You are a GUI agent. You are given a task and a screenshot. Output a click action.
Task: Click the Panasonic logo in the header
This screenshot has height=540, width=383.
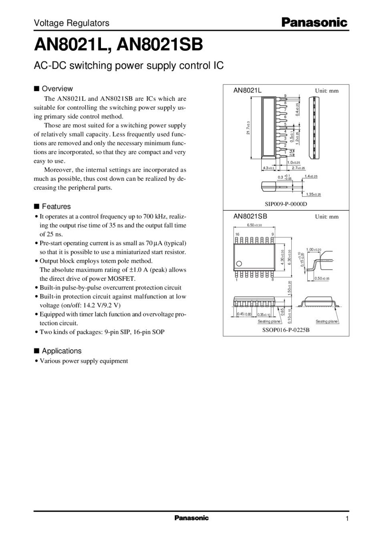(314, 23)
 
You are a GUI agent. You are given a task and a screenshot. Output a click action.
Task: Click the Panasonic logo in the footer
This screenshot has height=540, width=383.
(191, 518)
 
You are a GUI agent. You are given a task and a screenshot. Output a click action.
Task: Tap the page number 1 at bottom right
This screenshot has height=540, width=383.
(347, 519)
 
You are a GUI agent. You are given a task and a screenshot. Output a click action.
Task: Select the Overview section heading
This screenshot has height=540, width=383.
(57, 89)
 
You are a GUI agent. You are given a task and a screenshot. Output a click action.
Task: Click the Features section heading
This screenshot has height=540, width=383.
(56, 206)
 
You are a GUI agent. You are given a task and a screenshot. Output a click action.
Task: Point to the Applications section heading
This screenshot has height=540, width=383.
(61, 351)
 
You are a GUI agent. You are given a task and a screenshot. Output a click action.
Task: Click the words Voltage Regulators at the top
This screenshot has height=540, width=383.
(71, 23)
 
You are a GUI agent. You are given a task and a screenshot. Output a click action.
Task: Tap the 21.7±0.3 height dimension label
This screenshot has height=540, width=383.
(248, 128)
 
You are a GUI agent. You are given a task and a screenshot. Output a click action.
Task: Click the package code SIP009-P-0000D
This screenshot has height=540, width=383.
(286, 204)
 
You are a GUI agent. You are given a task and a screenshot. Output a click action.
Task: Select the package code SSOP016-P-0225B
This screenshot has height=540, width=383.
(286, 330)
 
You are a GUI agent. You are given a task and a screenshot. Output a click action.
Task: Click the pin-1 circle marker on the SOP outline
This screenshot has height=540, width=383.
(239, 264)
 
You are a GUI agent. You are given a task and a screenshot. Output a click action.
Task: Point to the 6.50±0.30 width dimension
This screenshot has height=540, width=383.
(254, 225)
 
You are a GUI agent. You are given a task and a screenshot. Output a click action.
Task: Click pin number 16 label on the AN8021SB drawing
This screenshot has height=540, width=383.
(237, 234)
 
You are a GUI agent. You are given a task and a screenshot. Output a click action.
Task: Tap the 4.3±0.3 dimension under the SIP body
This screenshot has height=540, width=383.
(268, 168)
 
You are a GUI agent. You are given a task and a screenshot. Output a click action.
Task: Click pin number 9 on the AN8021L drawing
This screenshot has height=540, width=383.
(285, 96)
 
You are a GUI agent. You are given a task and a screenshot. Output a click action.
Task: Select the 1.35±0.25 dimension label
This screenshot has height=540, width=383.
(313, 194)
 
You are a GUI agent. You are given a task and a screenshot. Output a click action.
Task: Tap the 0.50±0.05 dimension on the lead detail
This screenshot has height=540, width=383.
(322, 278)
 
